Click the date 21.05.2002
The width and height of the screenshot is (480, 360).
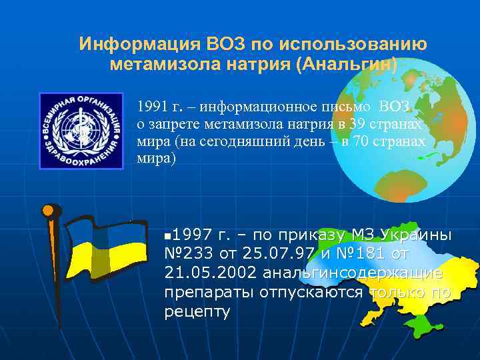point(210,274)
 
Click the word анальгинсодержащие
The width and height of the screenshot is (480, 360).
point(353,274)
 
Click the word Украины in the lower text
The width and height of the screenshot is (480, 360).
point(416,235)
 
